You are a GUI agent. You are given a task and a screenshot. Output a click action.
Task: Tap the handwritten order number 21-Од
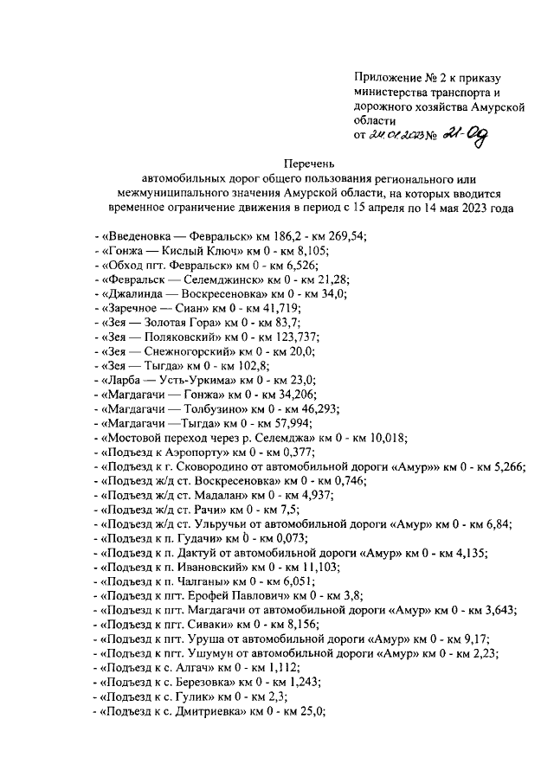pyautogui.click(x=466, y=133)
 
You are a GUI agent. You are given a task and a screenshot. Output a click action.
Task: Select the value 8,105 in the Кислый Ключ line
pyautogui.click(x=291, y=249)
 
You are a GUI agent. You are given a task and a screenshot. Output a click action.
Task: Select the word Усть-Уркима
pyautogui.click(x=198, y=382)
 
